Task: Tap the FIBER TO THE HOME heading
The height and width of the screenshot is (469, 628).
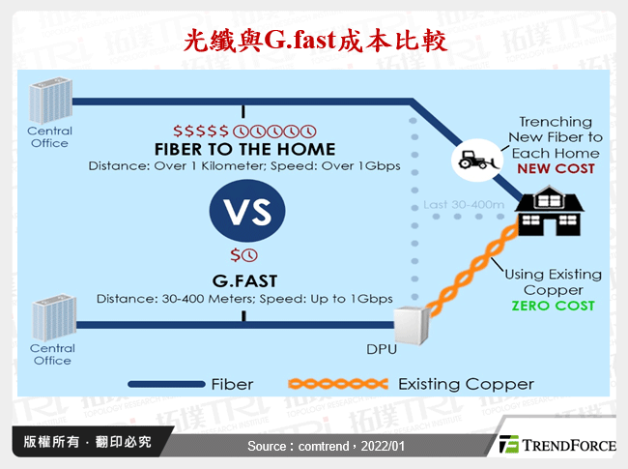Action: [x=244, y=149]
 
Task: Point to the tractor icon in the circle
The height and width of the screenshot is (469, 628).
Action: [x=474, y=156]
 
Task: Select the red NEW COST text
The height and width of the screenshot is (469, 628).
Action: [x=556, y=168]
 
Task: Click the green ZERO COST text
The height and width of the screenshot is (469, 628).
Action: [x=554, y=306]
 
